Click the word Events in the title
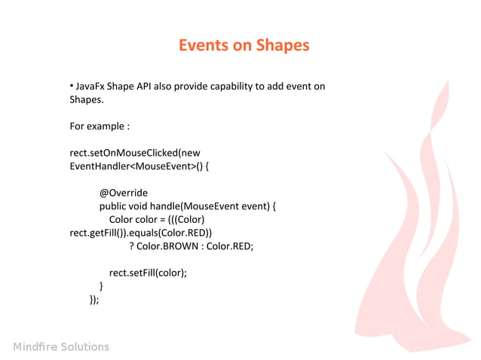204,45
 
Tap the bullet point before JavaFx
72,86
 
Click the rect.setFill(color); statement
148,273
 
